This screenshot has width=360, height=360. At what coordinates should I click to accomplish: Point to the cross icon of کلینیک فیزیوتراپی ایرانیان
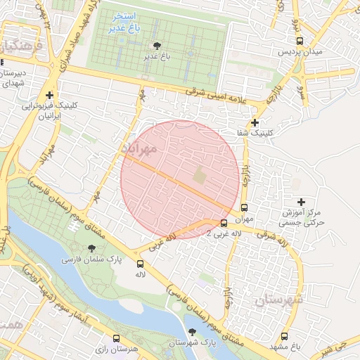pos(49,95)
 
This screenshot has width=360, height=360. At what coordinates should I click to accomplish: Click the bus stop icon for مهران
pos(244,207)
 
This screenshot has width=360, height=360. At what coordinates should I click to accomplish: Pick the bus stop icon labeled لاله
pos(140,263)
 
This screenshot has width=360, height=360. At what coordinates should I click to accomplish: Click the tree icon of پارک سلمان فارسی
pos(91,247)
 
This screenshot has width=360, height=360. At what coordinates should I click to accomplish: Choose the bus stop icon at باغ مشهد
pos(285,336)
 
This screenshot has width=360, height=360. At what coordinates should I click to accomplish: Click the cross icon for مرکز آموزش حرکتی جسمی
pos(302,202)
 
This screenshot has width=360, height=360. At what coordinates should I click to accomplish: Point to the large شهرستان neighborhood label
pos(277,300)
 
